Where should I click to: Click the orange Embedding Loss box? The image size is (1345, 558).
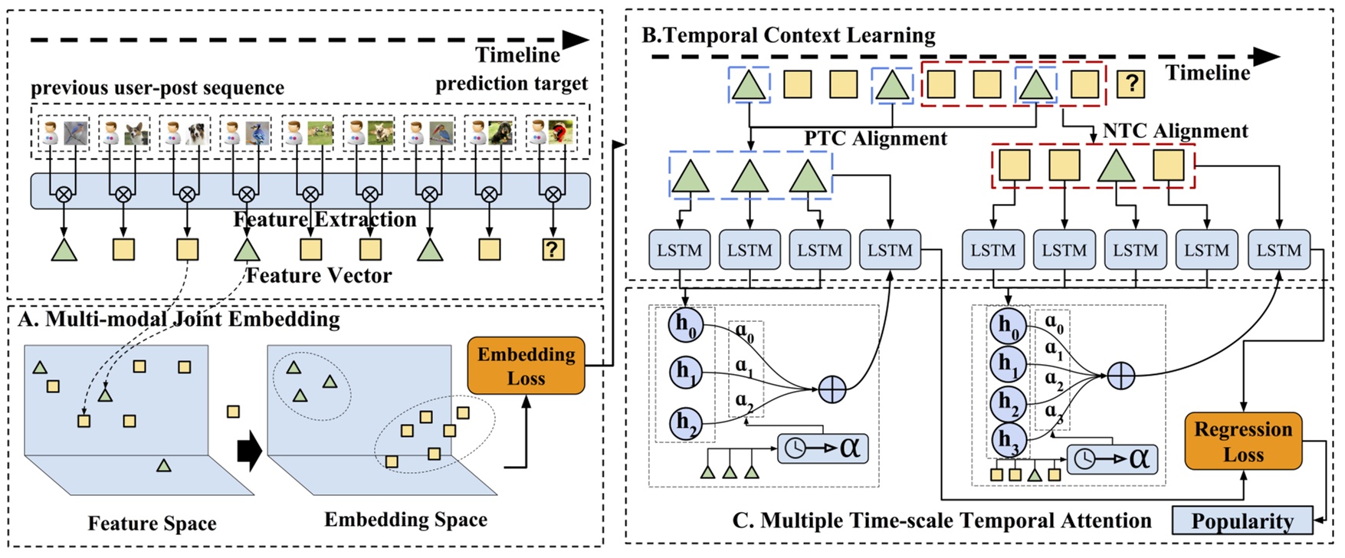(526, 366)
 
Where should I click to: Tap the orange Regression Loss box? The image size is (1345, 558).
(1242, 441)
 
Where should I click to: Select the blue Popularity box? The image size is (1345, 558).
(1242, 521)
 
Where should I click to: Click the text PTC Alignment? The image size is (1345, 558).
(875, 139)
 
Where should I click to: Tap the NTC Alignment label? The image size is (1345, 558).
(1175, 131)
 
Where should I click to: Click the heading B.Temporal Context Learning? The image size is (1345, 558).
(788, 35)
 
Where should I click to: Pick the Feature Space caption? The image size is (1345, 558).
(152, 524)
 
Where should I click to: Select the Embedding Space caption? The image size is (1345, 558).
(405, 520)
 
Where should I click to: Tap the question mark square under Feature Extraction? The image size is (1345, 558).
(552, 248)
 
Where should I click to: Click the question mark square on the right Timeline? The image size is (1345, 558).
(1130, 84)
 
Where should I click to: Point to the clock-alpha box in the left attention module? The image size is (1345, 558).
(822, 447)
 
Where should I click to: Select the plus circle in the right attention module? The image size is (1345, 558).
(1120, 376)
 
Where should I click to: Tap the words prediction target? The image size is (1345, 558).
(511, 84)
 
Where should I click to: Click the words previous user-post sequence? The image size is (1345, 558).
(157, 88)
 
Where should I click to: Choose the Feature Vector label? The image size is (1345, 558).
(319, 275)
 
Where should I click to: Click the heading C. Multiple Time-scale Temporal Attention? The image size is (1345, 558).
(941, 521)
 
